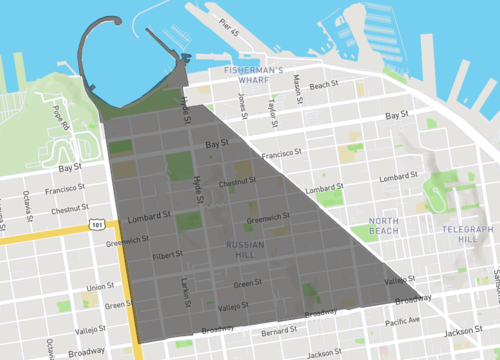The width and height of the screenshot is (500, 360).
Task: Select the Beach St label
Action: pyautogui.click(x=325, y=86)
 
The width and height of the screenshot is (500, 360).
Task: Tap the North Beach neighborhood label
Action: pyautogui.click(x=383, y=225)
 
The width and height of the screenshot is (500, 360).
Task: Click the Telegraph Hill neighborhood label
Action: pyautogui.click(x=466, y=234)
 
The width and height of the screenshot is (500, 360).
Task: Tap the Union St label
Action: pyautogui.click(x=99, y=288)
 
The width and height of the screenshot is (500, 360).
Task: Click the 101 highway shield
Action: pyautogui.click(x=96, y=223)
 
